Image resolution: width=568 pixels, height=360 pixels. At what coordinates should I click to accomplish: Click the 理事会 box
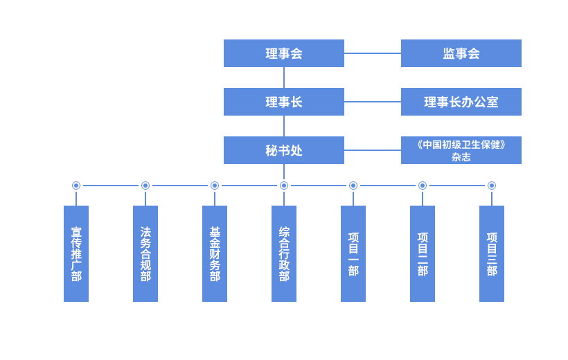click(x=283, y=53)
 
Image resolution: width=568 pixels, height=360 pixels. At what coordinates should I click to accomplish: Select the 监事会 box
click(x=461, y=53)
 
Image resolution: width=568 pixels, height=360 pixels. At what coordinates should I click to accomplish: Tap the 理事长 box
click(x=283, y=102)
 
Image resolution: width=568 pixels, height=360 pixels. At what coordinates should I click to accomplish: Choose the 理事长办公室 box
click(x=461, y=102)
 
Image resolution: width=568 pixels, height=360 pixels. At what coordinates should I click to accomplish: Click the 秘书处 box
click(x=283, y=150)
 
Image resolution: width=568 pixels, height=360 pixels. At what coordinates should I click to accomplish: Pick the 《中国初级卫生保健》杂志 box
click(x=461, y=150)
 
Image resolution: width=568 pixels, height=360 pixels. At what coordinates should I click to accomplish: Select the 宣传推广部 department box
click(x=76, y=253)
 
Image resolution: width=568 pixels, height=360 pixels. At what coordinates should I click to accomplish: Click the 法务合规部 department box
click(x=145, y=253)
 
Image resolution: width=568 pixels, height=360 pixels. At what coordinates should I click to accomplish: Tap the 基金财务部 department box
click(x=215, y=253)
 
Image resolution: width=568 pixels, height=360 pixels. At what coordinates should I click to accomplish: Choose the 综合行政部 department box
click(x=284, y=253)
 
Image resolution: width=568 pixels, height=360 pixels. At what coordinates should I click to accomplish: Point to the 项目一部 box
click(x=353, y=253)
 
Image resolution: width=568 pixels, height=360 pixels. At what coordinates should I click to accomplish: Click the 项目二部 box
click(x=423, y=253)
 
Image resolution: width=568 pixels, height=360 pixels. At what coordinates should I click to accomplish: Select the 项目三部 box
click(x=492, y=253)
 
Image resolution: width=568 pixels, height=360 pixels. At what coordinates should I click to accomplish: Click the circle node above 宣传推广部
click(x=76, y=186)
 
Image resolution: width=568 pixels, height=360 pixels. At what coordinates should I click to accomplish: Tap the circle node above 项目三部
click(x=492, y=186)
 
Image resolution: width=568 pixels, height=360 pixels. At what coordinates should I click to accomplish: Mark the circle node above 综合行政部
click(x=284, y=186)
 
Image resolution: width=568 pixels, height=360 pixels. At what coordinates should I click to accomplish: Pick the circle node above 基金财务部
click(x=215, y=186)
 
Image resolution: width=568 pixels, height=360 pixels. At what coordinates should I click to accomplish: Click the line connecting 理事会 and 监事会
click(x=373, y=53)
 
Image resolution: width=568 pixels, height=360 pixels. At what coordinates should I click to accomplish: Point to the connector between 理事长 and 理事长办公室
click(x=373, y=102)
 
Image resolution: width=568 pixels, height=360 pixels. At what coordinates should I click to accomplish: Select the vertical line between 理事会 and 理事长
click(x=283, y=78)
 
